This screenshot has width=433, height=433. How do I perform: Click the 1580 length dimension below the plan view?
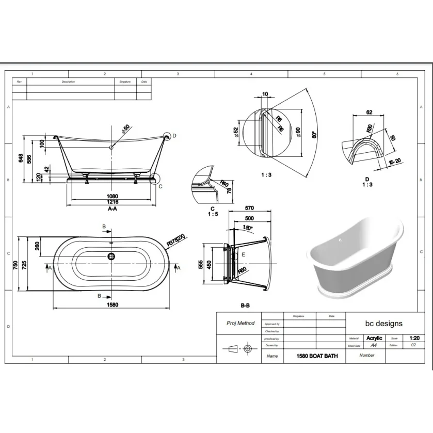[113, 304]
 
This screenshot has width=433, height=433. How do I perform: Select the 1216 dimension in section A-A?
[113, 202]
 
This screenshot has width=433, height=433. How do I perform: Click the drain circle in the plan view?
[111, 255]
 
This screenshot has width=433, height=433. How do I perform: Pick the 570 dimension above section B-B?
[249, 208]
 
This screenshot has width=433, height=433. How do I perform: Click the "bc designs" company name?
[383, 324]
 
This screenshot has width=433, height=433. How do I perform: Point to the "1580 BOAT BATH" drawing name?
[317, 356]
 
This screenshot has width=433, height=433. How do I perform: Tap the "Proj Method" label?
[240, 323]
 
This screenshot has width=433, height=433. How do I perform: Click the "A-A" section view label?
[112, 210]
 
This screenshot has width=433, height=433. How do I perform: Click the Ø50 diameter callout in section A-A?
[125, 129]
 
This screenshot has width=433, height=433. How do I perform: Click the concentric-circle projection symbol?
[248, 349]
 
